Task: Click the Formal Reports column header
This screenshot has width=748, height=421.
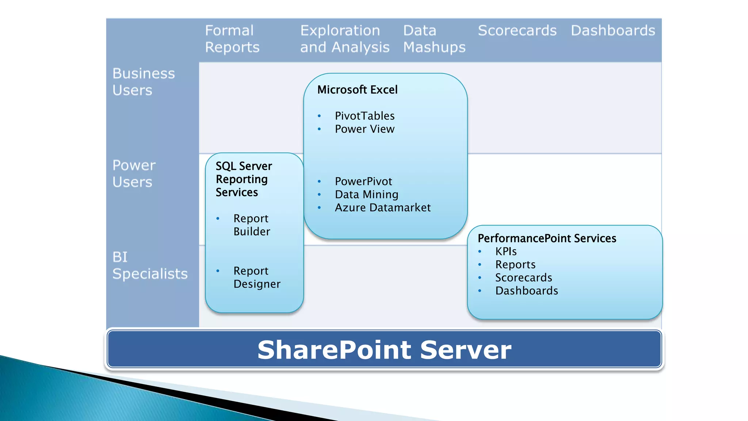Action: tap(232, 39)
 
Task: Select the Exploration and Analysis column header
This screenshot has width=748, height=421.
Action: tap(344, 39)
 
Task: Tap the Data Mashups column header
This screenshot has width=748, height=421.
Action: tap(434, 39)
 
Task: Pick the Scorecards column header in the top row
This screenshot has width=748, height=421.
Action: tap(517, 30)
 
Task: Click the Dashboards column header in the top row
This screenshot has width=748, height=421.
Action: tap(613, 30)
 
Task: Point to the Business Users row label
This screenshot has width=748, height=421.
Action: tap(144, 82)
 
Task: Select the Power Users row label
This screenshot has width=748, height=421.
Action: tap(134, 174)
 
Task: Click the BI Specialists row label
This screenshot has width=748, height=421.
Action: tap(150, 265)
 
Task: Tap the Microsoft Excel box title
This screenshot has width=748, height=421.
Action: tap(357, 90)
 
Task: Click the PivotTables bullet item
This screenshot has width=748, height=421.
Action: tap(365, 116)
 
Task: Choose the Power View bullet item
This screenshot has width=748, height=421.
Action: tap(365, 129)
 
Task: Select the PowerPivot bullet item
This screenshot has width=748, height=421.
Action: tap(363, 181)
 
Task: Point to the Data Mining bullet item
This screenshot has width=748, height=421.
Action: tap(366, 194)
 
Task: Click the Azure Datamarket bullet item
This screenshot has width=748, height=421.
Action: tap(382, 208)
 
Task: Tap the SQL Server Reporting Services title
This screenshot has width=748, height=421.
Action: tap(244, 179)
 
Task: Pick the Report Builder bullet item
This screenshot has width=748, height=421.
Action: tap(252, 225)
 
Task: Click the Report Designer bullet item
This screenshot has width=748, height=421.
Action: tap(257, 277)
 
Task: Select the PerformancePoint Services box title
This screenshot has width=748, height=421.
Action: tap(547, 238)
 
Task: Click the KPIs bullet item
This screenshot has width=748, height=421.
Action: tap(506, 251)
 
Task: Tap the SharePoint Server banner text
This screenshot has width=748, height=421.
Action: tap(384, 350)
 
